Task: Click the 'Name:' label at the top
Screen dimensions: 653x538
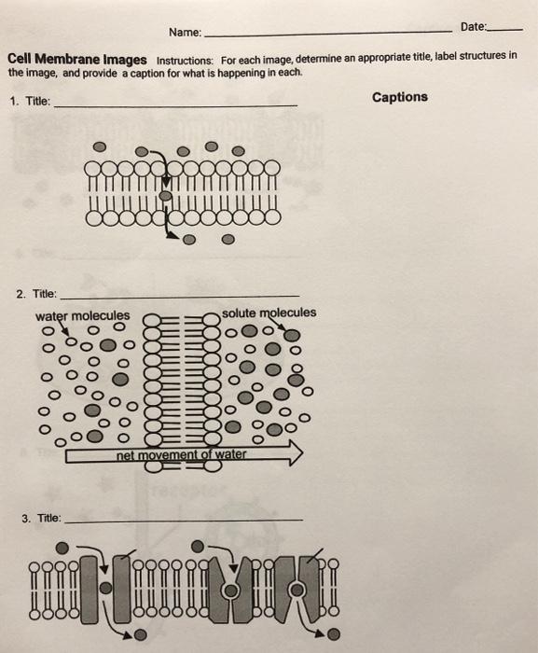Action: pyautogui.click(x=185, y=33)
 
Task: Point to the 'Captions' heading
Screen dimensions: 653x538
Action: pyautogui.click(x=399, y=97)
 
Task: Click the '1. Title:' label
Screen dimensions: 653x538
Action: pyautogui.click(x=30, y=103)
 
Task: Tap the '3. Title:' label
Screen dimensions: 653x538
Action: pyautogui.click(x=40, y=517)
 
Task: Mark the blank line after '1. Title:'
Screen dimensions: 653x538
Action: pyautogui.click(x=177, y=106)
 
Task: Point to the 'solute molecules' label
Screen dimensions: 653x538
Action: pyautogui.click(x=269, y=313)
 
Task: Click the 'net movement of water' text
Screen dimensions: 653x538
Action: pyautogui.click(x=182, y=454)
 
